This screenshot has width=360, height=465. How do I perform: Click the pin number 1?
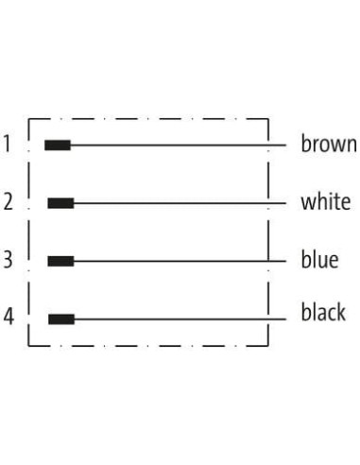click(x=7, y=144)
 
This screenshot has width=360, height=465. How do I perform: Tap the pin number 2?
click(x=9, y=201)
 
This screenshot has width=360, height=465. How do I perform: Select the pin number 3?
click(x=9, y=260)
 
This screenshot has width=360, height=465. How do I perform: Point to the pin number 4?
click(x=9, y=317)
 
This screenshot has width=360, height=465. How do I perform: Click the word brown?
click(x=329, y=144)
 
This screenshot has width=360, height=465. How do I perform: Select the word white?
click(x=326, y=201)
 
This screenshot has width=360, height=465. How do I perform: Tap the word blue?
click(x=319, y=260)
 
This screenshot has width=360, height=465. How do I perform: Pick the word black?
click(x=323, y=312)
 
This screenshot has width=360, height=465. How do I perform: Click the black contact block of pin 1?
click(x=58, y=146)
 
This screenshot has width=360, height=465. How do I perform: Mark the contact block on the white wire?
click(x=60, y=203)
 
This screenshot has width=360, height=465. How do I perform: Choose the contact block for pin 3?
click(x=60, y=261)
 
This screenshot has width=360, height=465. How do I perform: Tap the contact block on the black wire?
click(x=61, y=319)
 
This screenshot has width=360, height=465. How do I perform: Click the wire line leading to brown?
click(x=179, y=146)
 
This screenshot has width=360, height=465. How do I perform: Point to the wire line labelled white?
click(x=180, y=203)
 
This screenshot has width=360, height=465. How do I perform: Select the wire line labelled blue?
click(x=180, y=261)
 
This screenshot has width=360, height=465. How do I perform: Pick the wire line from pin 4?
click(x=180, y=319)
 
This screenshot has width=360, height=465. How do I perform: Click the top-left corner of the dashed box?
click(x=28, y=119)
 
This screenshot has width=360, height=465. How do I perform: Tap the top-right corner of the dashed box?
click(x=268, y=119)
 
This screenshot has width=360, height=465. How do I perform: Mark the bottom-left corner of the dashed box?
click(x=28, y=346)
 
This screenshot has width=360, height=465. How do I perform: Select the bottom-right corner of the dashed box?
click(x=268, y=346)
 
